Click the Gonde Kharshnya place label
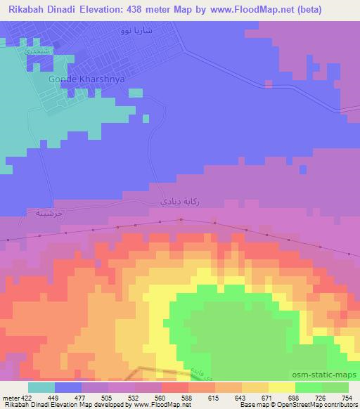click(x=86, y=80)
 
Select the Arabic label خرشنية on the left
click(x=39, y=212)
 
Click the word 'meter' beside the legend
click(x=10, y=397)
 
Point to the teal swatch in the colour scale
click(x=42, y=387)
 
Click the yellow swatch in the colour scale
click(x=282, y=387)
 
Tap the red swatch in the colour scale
click(x=175, y=387)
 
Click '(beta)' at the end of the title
click(x=337, y=8)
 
